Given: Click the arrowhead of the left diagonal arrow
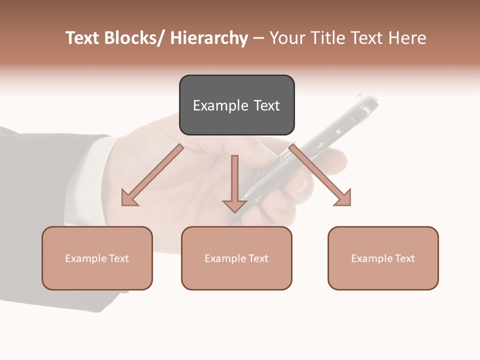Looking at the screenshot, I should click(x=129, y=198).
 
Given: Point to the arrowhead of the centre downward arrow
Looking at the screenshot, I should click(x=234, y=205).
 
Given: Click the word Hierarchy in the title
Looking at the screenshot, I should click(x=209, y=38).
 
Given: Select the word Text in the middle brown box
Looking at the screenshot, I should click(x=257, y=258).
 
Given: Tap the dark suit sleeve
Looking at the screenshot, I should click(x=30, y=200).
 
